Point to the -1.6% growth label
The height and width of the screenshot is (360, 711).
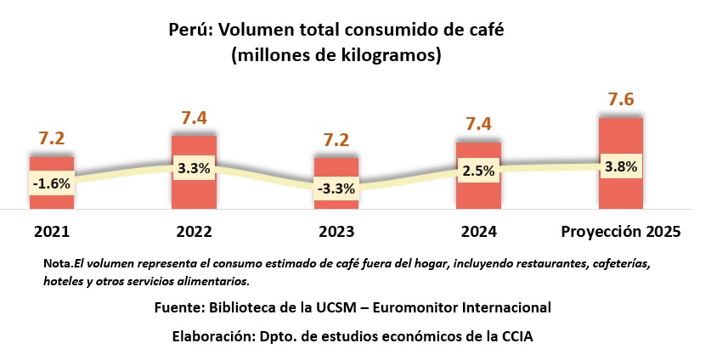point(52,183)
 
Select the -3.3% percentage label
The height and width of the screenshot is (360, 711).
point(336,188)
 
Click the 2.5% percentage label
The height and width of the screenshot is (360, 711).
point(478,172)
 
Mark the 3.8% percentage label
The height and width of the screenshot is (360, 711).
point(620,166)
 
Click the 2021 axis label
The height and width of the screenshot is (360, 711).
point(52,231)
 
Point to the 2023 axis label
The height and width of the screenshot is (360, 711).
point(336,231)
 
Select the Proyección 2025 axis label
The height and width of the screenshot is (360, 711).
point(621,231)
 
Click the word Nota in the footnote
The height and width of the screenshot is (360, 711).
point(57,264)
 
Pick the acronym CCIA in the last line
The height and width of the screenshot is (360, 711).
point(516,336)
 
